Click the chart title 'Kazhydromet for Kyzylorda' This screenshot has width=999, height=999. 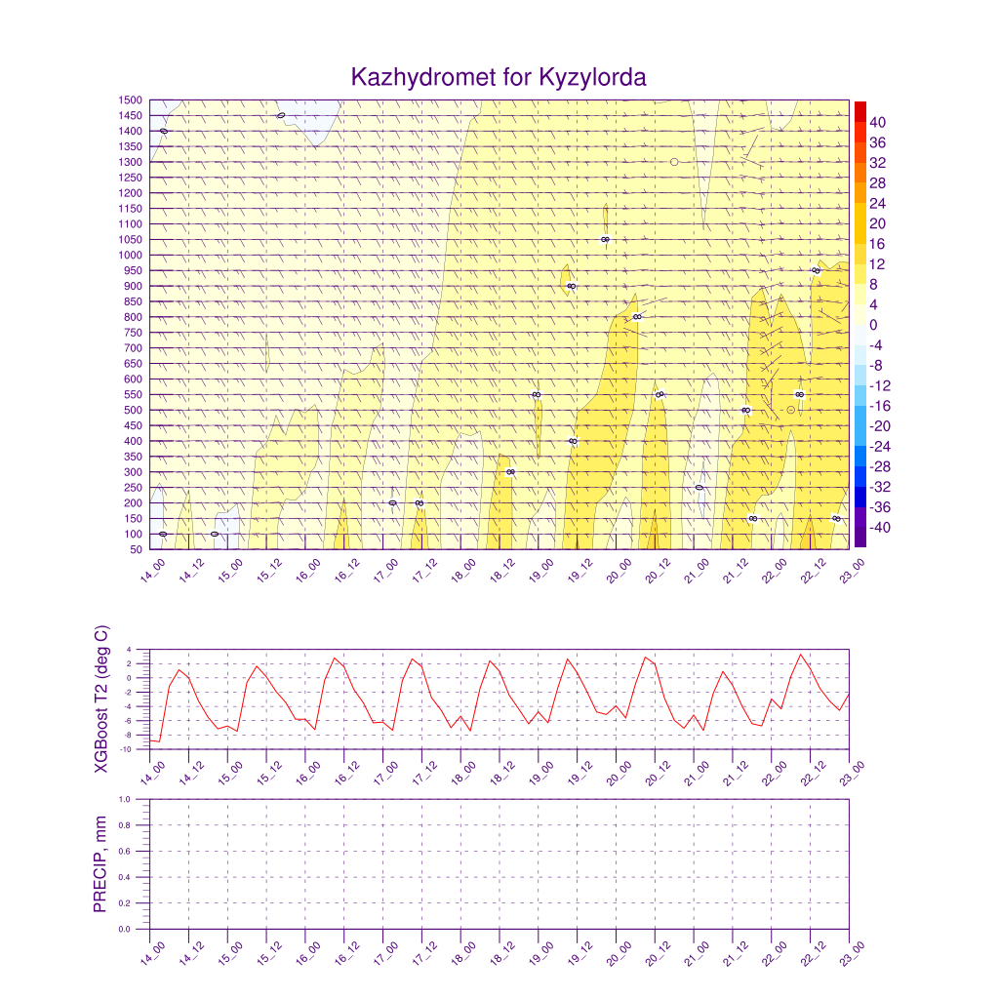pyautogui.click(x=499, y=77)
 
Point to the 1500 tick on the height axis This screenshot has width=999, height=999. pyautogui.click(x=131, y=100)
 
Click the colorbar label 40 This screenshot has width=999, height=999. pyautogui.click(x=877, y=122)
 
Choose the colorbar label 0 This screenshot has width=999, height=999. pyautogui.click(x=872, y=325)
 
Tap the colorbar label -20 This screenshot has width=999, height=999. pyautogui.click(x=879, y=426)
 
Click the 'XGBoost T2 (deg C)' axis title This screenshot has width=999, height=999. pyautogui.click(x=101, y=699)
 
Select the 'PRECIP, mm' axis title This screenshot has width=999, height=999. pyautogui.click(x=100, y=863)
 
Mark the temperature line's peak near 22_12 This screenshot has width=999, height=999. pyautogui.click(x=801, y=655)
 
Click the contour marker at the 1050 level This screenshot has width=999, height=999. pyautogui.click(x=605, y=239)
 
